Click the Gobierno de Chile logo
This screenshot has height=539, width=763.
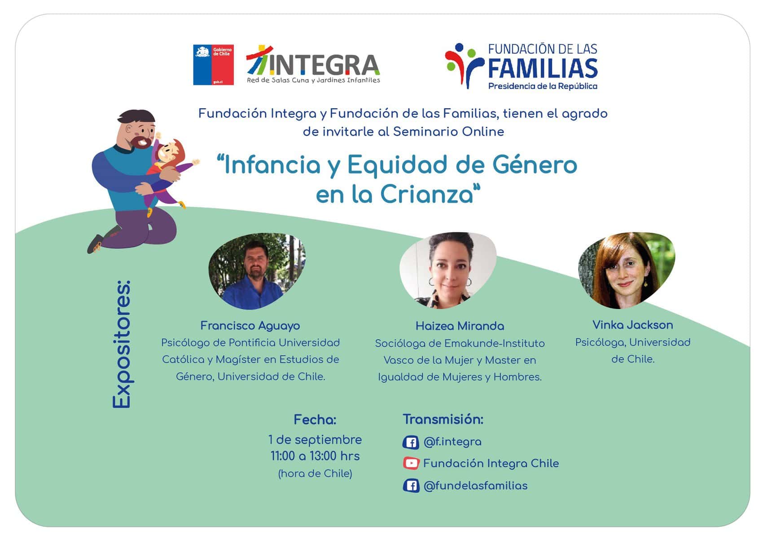(213, 64)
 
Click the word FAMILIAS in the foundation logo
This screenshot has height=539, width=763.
(543, 69)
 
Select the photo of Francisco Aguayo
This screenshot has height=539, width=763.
(257, 271)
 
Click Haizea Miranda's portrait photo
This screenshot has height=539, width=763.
(448, 271)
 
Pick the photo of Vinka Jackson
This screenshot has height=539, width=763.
(627, 270)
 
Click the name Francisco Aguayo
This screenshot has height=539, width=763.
(250, 326)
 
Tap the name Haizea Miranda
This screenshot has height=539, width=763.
(460, 326)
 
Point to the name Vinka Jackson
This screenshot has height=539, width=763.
(633, 325)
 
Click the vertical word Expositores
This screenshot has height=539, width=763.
(122, 344)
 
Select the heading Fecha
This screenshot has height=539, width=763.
(315, 420)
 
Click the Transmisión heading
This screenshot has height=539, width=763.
(443, 420)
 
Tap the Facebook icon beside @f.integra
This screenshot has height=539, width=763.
(411, 442)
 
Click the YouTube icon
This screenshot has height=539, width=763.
(411, 464)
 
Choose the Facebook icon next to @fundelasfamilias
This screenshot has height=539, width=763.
(411, 486)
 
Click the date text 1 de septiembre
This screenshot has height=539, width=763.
(315, 440)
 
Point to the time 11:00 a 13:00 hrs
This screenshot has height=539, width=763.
(315, 456)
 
